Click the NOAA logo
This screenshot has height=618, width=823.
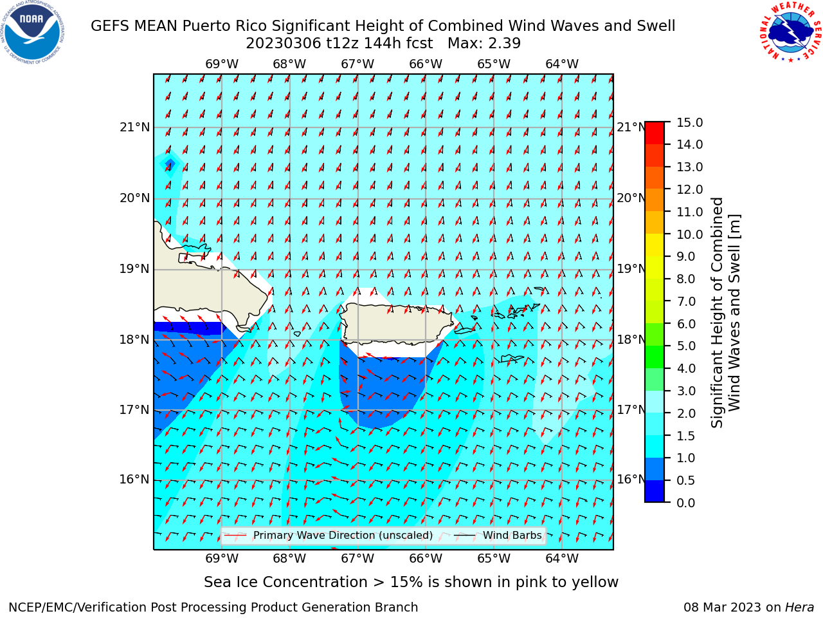tap(33, 32)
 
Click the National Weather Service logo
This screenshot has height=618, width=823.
tap(790, 32)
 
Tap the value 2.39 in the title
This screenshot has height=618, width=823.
tap(503, 44)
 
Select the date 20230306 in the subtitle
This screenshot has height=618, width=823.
tap(284, 44)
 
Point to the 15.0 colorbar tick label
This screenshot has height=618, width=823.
tap(689, 123)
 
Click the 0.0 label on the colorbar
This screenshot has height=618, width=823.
tap(686, 503)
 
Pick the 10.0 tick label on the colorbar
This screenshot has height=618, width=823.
tap(689, 234)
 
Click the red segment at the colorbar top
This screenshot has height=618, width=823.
tap(655, 133)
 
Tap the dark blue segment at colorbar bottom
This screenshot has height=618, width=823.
tap(655, 491)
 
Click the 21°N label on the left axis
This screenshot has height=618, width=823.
tap(134, 127)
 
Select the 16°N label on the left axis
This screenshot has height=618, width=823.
tap(134, 480)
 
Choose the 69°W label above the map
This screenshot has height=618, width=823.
tap(222, 64)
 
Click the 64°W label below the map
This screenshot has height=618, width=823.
tap(562, 559)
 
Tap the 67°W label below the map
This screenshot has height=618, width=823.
tap(357, 559)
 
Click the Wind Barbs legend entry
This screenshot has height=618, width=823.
tap(498, 536)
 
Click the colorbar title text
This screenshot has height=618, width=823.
tap(725, 313)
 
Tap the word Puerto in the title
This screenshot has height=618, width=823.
tap(206, 26)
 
